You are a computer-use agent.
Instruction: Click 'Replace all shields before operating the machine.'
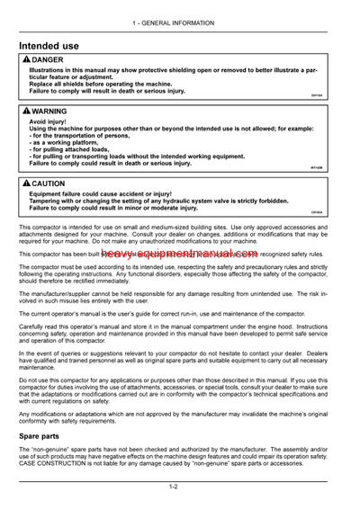click(101, 82)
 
